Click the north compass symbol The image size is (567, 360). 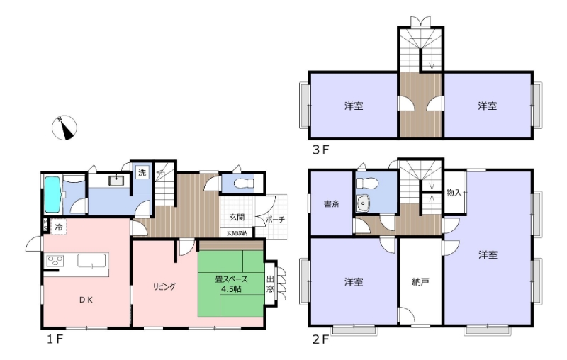click(x=64, y=128)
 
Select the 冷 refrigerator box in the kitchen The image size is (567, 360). click(x=59, y=227)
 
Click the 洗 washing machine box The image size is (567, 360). click(x=142, y=173)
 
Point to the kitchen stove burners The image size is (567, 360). click(x=55, y=261)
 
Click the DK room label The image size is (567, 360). click(x=86, y=300)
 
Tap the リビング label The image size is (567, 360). click(x=164, y=286)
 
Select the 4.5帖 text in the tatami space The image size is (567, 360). click(x=232, y=289)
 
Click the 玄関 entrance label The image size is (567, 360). click(x=237, y=218)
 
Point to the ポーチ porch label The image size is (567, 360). click(x=275, y=219)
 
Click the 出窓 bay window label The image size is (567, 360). click(x=270, y=283)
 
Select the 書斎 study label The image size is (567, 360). click(x=331, y=204)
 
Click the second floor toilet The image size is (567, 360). click(x=366, y=184)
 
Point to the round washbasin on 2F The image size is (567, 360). click(x=363, y=204)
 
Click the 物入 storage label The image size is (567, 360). click(x=454, y=193)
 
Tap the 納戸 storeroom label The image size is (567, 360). click(x=420, y=281)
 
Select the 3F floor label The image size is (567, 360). click(x=321, y=150)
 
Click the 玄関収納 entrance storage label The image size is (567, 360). click(x=237, y=233)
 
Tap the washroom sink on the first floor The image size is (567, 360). click(x=116, y=181)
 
